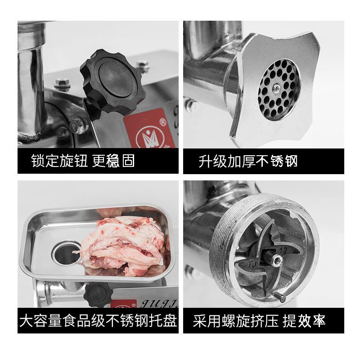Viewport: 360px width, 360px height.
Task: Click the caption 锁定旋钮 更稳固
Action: (x=83, y=161)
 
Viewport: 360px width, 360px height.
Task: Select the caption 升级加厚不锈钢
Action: (x=248, y=161)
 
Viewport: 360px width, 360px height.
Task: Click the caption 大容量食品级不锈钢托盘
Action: (x=98, y=321)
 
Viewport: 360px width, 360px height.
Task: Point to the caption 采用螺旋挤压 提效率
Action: (x=259, y=321)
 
